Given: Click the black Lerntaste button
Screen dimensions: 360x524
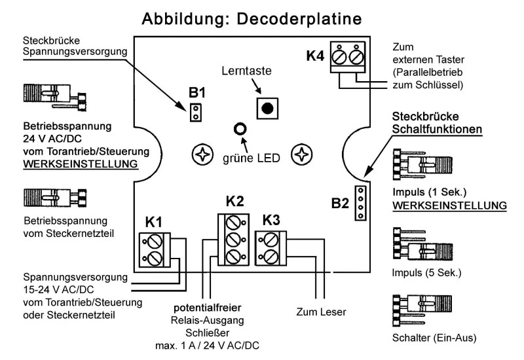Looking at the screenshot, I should [x=266, y=108].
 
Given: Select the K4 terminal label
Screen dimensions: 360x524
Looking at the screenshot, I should [x=315, y=56].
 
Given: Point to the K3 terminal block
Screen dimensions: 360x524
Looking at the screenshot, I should [x=271, y=247].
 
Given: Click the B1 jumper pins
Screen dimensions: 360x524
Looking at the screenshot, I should [x=194, y=112].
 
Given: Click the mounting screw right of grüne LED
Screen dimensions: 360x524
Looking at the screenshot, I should [x=301, y=155].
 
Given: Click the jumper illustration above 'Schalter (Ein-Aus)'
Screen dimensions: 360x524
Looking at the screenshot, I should [x=419, y=312].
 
